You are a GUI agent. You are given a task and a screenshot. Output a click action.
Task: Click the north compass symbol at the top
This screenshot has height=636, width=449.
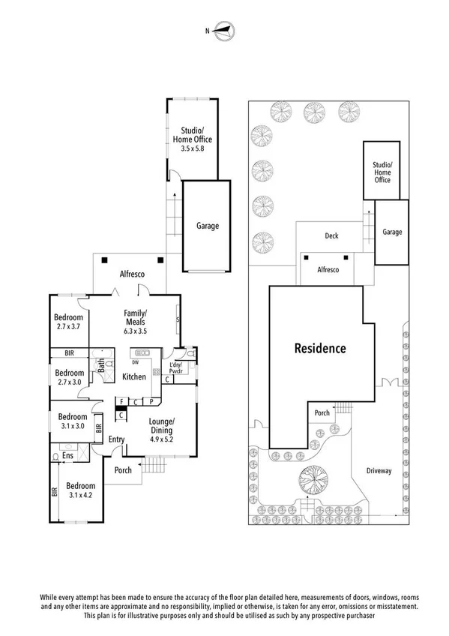click(x=224, y=31)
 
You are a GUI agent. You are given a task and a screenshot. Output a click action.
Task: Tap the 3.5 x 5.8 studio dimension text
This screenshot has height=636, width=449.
click(x=192, y=149)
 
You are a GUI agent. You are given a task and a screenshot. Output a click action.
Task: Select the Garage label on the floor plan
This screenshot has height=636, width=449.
click(x=208, y=226)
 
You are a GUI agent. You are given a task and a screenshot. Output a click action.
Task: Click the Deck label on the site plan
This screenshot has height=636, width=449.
click(x=331, y=235)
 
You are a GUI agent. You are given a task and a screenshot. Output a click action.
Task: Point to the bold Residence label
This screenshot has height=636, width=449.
click(x=319, y=348)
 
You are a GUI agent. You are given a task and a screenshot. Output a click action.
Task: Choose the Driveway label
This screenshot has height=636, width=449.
click(x=379, y=471)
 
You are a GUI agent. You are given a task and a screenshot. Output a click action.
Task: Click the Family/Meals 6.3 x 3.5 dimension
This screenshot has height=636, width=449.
click(x=136, y=330)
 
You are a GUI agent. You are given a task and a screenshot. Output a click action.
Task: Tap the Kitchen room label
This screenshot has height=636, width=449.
click(x=133, y=376)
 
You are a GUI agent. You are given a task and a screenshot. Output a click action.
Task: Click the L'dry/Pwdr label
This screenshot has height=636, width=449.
click(x=177, y=367)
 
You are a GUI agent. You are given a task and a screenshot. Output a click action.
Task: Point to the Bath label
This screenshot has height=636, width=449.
click(x=100, y=367)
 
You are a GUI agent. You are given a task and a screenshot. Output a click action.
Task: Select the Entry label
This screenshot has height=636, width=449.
click(x=116, y=439)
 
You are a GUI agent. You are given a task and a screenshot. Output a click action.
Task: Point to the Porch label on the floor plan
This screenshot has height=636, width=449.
click(x=122, y=471)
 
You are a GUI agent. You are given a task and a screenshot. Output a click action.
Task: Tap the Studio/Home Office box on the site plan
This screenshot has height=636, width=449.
click(x=383, y=171)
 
